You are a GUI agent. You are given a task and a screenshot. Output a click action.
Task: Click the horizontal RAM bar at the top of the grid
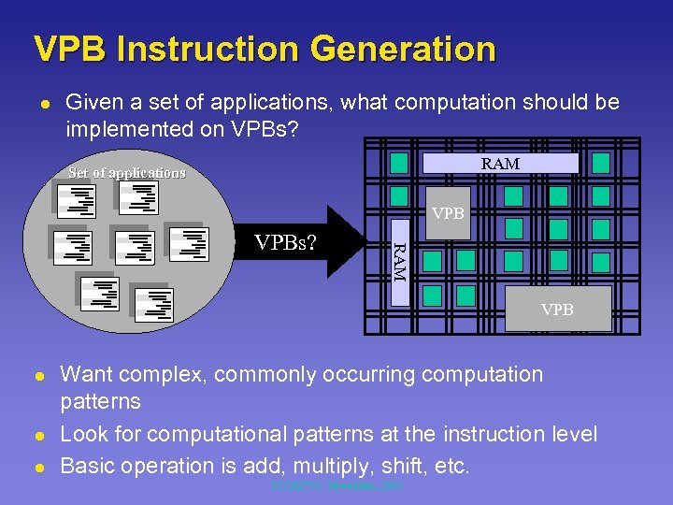[x=500, y=164]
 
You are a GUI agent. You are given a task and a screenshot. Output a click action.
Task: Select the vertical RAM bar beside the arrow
[x=398, y=261]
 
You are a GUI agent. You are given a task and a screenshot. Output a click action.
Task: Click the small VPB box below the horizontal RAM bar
[x=449, y=213]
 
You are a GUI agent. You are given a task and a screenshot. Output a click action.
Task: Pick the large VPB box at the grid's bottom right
[x=557, y=310]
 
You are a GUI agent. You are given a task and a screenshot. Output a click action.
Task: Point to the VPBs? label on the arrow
[x=285, y=244]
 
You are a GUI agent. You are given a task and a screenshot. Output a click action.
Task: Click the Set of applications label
[x=127, y=173]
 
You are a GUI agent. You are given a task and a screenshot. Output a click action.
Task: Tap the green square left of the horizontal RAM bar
[x=399, y=164]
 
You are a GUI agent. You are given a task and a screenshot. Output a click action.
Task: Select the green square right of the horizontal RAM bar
[x=601, y=164]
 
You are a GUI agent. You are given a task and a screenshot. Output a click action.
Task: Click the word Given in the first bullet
[x=92, y=102]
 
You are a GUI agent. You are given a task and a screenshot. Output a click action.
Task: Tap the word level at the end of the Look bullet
[x=573, y=435]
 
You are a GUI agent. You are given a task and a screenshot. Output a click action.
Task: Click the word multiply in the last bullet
[x=315, y=466]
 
